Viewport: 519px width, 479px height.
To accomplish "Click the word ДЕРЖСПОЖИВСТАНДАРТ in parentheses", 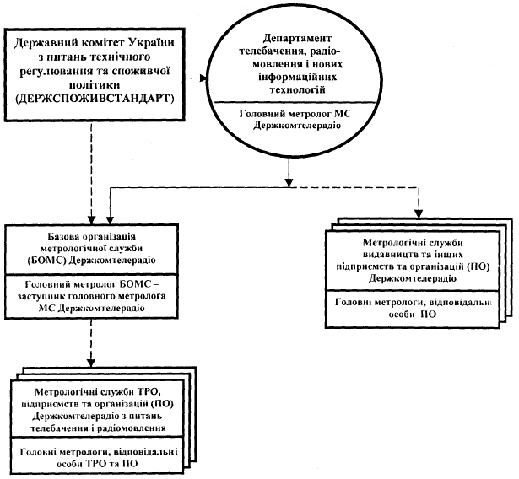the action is (95, 99).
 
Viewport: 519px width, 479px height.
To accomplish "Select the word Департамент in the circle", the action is (297, 39).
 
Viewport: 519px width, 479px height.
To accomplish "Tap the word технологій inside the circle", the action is (297, 89).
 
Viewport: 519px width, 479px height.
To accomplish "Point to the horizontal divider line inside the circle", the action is (295, 102).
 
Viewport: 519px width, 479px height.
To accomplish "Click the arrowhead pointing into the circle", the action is (202, 78).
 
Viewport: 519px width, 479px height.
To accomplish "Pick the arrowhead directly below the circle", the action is (289, 183).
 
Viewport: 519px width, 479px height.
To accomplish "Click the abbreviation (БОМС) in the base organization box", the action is (47, 260).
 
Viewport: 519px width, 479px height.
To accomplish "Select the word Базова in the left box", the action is (63, 236).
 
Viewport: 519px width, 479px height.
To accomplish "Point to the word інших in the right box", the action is (452, 255).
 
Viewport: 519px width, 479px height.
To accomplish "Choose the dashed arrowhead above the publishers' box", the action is (419, 214).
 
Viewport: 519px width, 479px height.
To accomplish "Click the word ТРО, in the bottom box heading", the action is (149, 392).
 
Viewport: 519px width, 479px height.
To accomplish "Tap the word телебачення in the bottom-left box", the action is (59, 428).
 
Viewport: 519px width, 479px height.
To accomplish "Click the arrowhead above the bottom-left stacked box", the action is (90, 363).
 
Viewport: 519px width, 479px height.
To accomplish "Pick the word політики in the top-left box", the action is (95, 84).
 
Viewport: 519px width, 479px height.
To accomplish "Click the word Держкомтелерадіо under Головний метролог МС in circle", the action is (297, 126).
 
